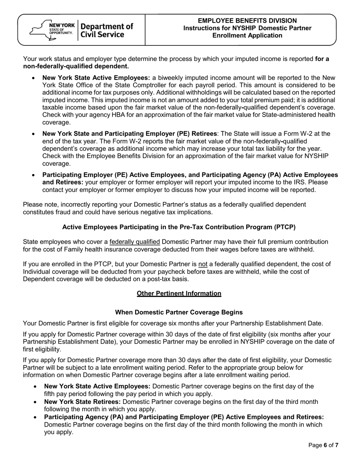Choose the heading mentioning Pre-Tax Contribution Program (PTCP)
click(x=179, y=227)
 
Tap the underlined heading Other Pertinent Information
click(x=179, y=294)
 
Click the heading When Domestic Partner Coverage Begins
click(x=179, y=313)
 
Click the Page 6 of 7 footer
click(x=323, y=446)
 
